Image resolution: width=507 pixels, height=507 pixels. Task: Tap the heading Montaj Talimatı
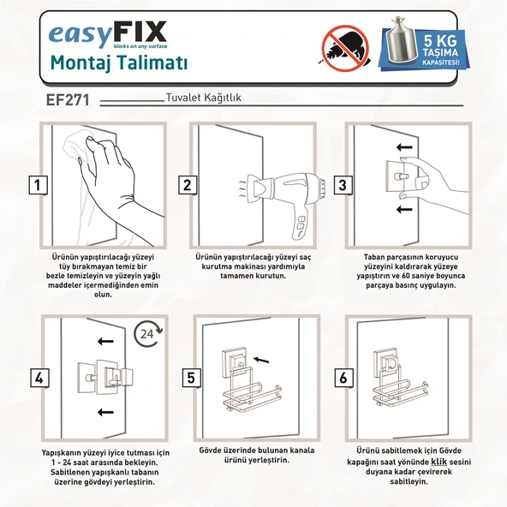119,63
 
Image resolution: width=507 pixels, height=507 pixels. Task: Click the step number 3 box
341,184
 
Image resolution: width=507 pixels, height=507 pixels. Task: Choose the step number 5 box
189,377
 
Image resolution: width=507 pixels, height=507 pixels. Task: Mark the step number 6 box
343,377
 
